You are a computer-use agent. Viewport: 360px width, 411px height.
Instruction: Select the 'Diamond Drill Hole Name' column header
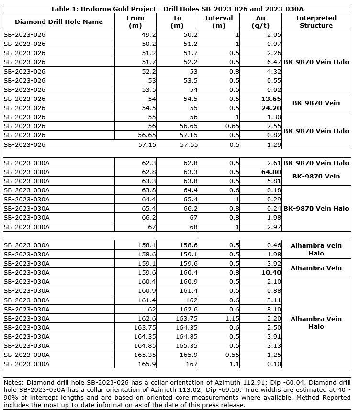(59, 22)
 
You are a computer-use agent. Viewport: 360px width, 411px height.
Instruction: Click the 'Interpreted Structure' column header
(316, 22)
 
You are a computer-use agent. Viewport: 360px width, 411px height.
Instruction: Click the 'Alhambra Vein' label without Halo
(316, 268)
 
